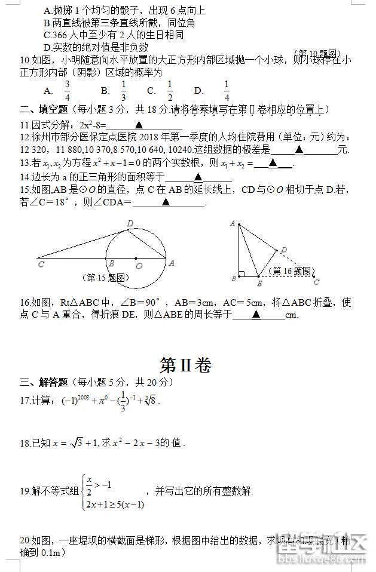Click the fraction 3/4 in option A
click(x=68, y=90)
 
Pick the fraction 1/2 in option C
click(x=170, y=90)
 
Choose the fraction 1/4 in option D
click(x=227, y=90)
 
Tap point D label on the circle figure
click(x=130, y=223)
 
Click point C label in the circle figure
click(x=41, y=263)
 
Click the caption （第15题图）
click(x=105, y=277)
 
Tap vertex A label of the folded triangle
click(x=232, y=223)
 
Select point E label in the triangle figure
click(x=258, y=284)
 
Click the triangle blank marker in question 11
click(x=139, y=125)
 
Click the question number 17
click(x=25, y=400)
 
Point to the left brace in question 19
click(x=83, y=491)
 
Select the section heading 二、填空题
click(x=44, y=110)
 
